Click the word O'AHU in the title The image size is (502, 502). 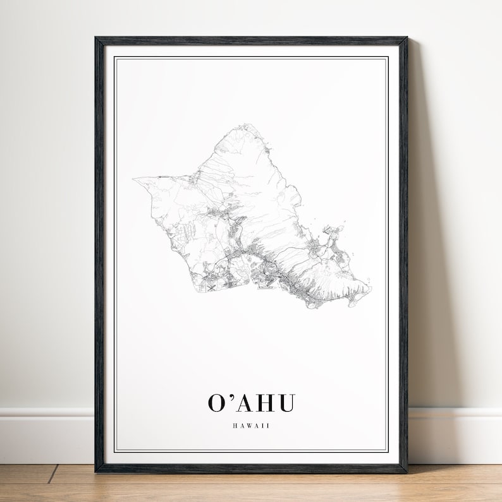251,403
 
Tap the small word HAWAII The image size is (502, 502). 251,426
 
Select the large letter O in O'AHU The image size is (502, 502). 216,403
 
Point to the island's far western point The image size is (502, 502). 133,179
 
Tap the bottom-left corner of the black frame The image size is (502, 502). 97,470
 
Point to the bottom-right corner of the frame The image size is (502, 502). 405,470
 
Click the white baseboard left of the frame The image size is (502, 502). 44,436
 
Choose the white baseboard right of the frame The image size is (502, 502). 462,436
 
